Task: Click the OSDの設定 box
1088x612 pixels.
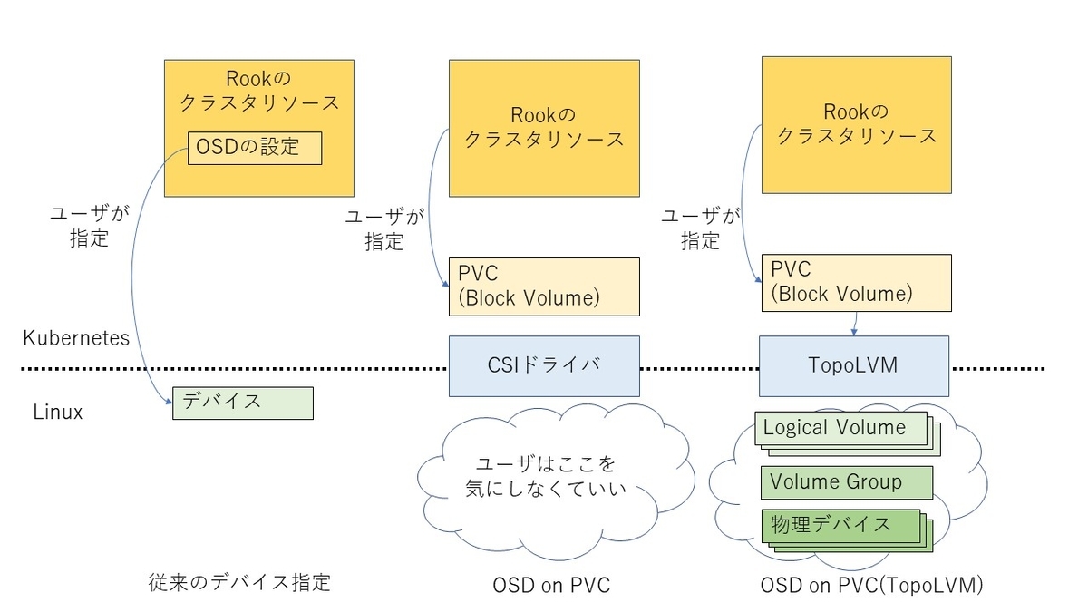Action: (254, 148)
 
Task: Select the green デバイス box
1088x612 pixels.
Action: (242, 403)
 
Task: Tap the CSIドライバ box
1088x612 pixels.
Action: (543, 365)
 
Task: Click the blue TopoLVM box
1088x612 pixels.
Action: (853, 365)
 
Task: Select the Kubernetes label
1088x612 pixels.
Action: (76, 338)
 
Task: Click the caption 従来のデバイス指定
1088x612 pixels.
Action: (238, 582)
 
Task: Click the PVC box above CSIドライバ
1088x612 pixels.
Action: (543, 287)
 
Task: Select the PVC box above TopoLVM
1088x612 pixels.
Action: (855, 282)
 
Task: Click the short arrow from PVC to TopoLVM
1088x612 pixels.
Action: (856, 322)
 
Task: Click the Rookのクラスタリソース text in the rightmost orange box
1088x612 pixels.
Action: (858, 124)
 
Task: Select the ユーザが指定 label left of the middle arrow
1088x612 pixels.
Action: (384, 230)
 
